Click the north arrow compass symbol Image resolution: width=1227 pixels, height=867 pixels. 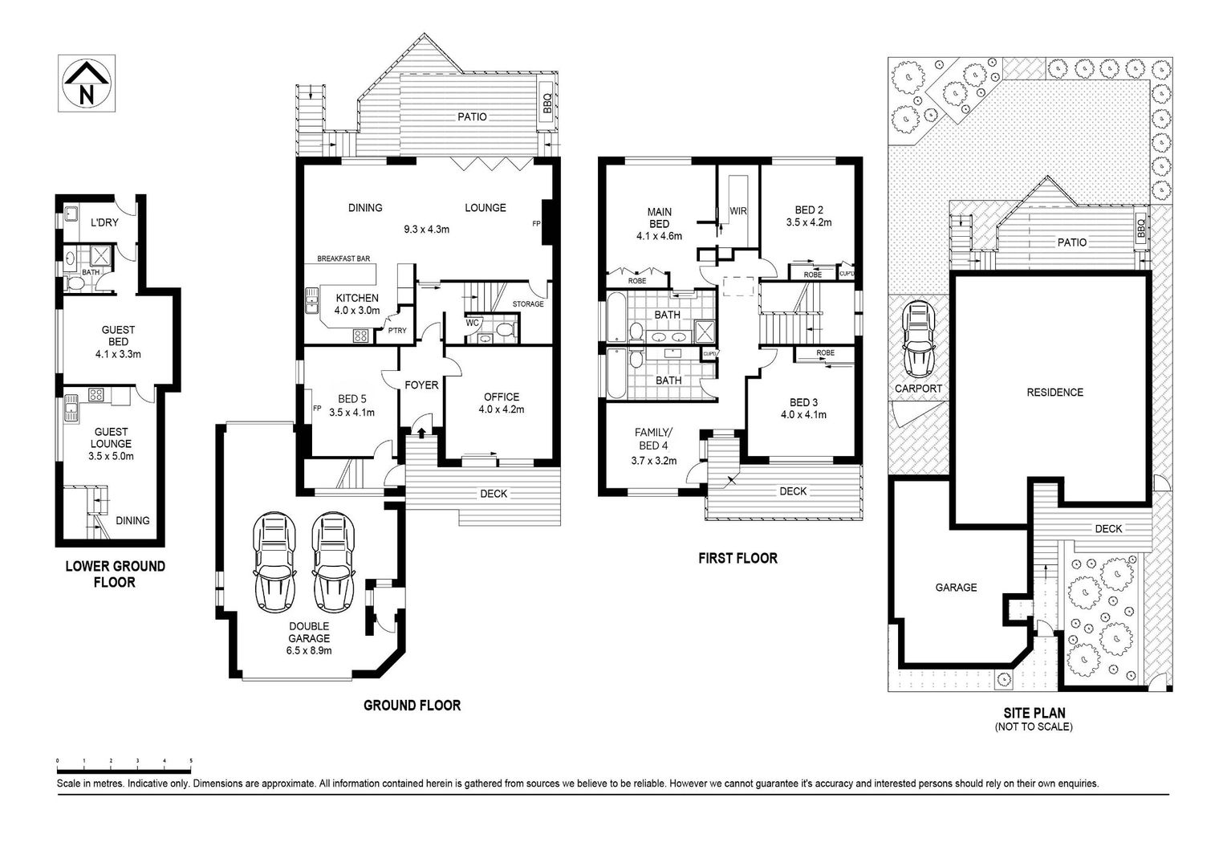click(87, 83)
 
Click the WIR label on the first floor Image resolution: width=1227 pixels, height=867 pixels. click(737, 211)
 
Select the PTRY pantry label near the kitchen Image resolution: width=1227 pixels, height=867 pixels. click(397, 331)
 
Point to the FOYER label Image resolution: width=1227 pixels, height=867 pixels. click(421, 385)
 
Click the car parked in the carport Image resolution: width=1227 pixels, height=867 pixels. click(918, 340)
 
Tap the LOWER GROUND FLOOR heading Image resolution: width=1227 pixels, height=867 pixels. click(115, 574)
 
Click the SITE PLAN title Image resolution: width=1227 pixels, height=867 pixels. click(1034, 713)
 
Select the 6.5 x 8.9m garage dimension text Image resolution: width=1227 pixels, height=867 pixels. click(309, 650)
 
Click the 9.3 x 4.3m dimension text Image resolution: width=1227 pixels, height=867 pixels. click(427, 229)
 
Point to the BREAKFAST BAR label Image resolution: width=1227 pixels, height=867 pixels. click(343, 258)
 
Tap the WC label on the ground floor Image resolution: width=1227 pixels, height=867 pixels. click(472, 323)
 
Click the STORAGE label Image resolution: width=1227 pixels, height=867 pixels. click(528, 304)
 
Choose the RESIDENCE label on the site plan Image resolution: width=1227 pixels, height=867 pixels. click(1054, 393)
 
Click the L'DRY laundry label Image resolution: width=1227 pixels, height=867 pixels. click(104, 222)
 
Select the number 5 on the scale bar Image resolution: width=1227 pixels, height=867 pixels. click(191, 760)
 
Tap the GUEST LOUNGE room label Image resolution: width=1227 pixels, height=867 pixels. click(111, 438)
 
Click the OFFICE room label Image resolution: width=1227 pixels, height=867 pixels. click(502, 397)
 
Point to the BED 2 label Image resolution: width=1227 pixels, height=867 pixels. click(809, 210)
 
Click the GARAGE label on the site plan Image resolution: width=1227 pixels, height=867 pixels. click(956, 588)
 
